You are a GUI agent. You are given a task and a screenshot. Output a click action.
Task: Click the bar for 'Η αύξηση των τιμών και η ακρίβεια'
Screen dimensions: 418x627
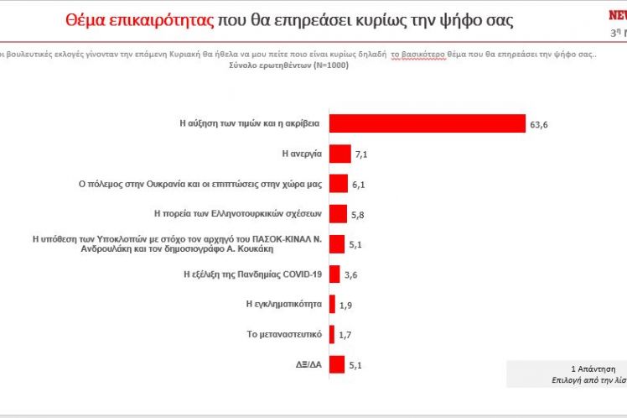pos(427,123)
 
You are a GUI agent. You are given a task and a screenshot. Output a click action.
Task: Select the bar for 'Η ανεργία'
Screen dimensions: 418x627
pos(339,154)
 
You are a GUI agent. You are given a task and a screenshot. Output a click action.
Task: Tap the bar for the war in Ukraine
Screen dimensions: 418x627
pos(339,184)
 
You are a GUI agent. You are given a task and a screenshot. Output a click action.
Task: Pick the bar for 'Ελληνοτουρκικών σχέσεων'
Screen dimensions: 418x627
pos(338,214)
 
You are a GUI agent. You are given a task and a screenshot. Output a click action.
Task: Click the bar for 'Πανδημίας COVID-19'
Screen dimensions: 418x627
pos(334,274)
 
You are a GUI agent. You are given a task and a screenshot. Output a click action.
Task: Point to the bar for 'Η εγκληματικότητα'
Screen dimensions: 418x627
pos(332,304)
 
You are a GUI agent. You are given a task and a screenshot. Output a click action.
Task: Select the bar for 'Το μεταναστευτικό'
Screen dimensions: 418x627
pos(332,334)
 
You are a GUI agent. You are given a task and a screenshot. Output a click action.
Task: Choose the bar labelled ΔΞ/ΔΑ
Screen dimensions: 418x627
pos(337,364)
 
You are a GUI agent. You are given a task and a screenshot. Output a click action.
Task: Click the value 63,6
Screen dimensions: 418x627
pos(539,124)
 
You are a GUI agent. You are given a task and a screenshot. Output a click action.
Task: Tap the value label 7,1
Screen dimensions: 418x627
pos(362,155)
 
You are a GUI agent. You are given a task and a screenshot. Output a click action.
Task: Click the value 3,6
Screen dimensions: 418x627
pos(351,275)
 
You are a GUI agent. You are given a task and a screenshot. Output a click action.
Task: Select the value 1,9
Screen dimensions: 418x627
pos(346,306)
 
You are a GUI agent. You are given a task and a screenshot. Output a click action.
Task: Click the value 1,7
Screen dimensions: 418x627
pos(345,336)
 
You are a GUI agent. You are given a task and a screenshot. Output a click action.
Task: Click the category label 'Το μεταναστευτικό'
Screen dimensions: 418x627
pos(283,334)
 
